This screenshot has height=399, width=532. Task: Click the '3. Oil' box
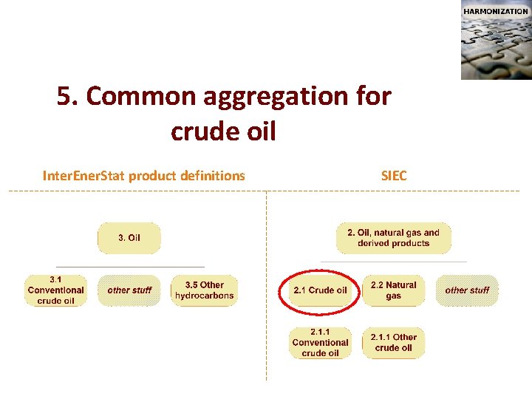click(x=129, y=238)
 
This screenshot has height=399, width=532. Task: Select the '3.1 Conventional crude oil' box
click(x=55, y=290)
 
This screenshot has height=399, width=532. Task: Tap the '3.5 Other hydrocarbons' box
click(x=204, y=290)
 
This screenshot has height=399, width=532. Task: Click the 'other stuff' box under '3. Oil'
click(x=129, y=290)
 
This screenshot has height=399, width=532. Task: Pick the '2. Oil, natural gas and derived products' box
click(x=393, y=238)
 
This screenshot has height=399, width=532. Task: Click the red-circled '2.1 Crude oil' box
click(x=320, y=290)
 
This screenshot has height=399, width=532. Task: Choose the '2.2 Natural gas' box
click(x=393, y=290)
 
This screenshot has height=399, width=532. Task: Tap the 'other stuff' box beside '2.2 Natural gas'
click(x=467, y=290)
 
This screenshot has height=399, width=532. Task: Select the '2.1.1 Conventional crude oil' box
click(x=320, y=343)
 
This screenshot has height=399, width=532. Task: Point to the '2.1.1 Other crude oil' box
click(x=393, y=343)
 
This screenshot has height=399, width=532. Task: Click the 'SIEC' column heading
click(x=394, y=176)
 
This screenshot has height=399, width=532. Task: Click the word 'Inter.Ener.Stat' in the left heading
click(x=84, y=176)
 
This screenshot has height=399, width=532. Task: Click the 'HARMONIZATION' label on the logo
click(x=495, y=11)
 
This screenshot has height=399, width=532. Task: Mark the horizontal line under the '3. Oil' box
click(x=130, y=267)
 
